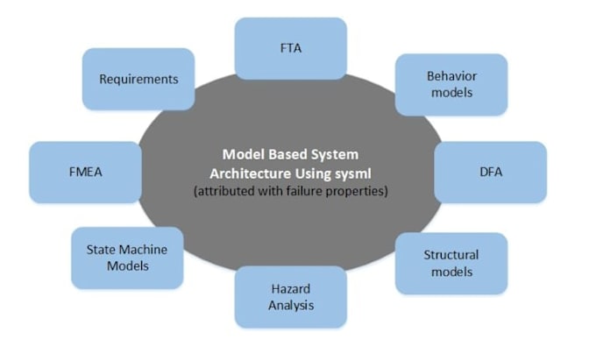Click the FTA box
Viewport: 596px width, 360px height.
[x=290, y=47]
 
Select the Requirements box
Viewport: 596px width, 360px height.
[x=138, y=79]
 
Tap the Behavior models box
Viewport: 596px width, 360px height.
[x=451, y=84]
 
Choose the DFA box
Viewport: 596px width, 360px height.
[x=490, y=173]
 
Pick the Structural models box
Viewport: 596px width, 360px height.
[x=451, y=263]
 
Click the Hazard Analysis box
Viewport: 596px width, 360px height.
[x=290, y=297]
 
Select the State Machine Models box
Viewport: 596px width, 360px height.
[x=127, y=258]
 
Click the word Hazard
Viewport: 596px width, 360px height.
[x=290, y=289]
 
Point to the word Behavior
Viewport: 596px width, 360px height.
[x=451, y=76]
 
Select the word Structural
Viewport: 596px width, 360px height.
[x=451, y=255]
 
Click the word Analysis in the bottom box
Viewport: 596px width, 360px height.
[x=290, y=306]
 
